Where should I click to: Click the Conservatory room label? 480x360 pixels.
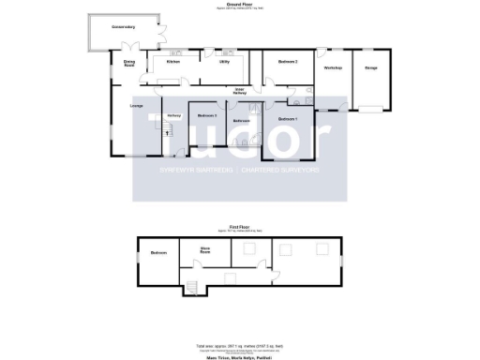point(124,27)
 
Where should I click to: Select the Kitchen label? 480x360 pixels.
point(172,62)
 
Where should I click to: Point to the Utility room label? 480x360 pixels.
point(224,62)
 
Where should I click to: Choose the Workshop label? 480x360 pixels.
point(333,68)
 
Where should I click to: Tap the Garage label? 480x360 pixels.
point(371,68)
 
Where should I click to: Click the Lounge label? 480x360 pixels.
point(136,107)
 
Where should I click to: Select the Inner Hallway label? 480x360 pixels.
point(240,92)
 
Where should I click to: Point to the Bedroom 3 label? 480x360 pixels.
point(207,115)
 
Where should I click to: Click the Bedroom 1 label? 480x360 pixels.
point(288,120)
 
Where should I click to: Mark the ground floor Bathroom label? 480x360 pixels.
point(241,122)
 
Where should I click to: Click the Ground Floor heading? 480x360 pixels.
point(240,5)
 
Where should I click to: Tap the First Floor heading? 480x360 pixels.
point(240,227)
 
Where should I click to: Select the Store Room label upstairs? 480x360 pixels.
point(204,251)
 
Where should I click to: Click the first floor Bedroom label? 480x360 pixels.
point(159,252)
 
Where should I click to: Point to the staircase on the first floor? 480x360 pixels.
point(194,287)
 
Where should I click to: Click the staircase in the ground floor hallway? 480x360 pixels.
point(172,132)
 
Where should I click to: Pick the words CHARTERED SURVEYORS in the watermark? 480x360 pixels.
point(281,172)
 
